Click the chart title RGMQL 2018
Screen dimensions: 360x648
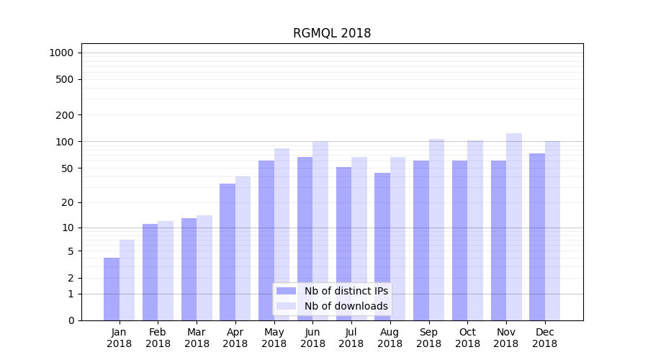(x=332, y=33)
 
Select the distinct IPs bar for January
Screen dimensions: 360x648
(x=112, y=289)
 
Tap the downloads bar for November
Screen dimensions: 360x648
(x=514, y=227)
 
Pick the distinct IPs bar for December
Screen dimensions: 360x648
(x=537, y=237)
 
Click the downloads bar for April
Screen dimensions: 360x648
(x=243, y=248)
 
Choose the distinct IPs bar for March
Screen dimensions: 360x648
(x=189, y=269)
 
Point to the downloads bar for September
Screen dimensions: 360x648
(x=436, y=230)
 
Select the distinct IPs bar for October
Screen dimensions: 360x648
(x=460, y=240)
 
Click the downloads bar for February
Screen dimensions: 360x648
(x=166, y=271)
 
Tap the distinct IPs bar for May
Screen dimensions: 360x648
(x=266, y=240)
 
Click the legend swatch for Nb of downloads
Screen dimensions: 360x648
(x=287, y=306)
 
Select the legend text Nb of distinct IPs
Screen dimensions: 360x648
(x=346, y=291)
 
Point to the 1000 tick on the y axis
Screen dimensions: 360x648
(x=61, y=53)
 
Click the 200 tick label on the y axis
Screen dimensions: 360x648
(x=66, y=115)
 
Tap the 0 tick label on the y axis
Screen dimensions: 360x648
(x=71, y=320)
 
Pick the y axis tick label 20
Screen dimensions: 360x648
(x=68, y=202)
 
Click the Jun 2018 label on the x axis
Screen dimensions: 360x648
(x=312, y=338)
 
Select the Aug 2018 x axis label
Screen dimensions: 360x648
(x=390, y=338)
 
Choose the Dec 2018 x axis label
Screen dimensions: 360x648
(x=545, y=338)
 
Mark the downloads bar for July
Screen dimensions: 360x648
(x=359, y=238)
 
